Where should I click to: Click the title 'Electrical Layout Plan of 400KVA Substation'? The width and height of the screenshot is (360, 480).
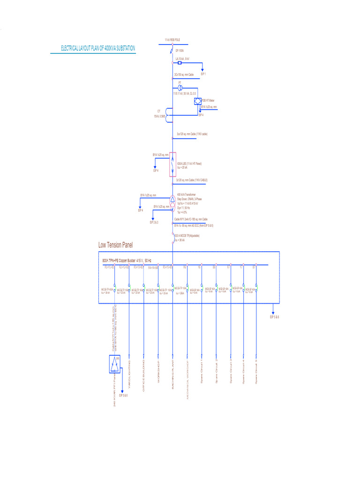click(x=98, y=48)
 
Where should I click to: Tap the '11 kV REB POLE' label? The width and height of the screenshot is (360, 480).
click(x=172, y=40)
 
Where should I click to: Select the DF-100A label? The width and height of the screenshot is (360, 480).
click(x=180, y=51)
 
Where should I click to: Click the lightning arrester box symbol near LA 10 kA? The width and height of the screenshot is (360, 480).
click(x=180, y=62)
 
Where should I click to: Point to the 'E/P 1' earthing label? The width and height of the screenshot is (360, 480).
click(x=203, y=74)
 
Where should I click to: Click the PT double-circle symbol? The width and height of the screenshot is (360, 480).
click(x=180, y=88)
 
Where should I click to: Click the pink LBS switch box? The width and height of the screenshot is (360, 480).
click(x=172, y=165)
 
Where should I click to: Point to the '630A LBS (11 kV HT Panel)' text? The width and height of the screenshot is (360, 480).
click(x=189, y=163)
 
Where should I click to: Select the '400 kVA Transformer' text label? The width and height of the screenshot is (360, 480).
click(x=187, y=195)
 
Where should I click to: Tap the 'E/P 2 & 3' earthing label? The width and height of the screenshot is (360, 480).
click(x=154, y=222)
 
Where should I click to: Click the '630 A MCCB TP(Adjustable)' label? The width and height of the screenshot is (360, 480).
click(x=187, y=236)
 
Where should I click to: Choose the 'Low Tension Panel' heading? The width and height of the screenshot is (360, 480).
click(x=115, y=245)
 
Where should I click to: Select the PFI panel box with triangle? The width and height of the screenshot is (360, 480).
click(x=115, y=364)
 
